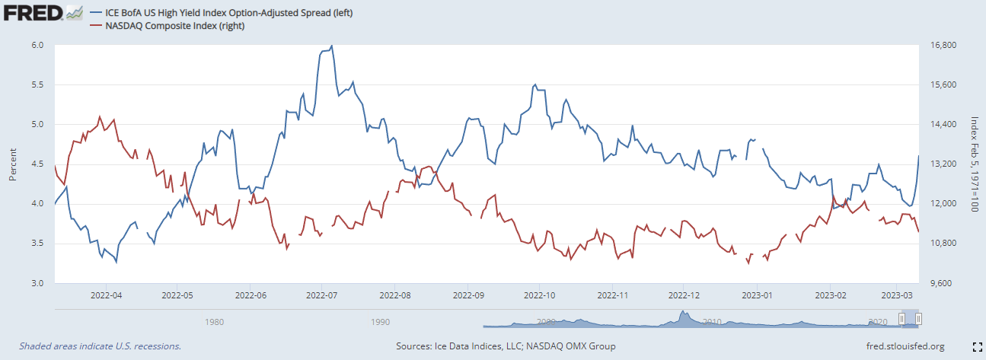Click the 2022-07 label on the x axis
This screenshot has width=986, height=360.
pos(321,294)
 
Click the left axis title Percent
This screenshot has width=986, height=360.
pos(13,164)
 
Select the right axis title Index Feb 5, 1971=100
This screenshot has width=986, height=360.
pos(974,164)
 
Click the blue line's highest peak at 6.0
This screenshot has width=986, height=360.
pos(332,46)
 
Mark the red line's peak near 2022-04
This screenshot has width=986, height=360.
pos(100,116)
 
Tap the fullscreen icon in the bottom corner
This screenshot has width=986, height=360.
pos(977,346)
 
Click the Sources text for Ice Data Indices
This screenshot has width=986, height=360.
pos(506,346)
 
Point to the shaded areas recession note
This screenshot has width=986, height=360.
pos(100,346)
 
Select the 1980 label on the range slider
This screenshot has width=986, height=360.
pos(214,322)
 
